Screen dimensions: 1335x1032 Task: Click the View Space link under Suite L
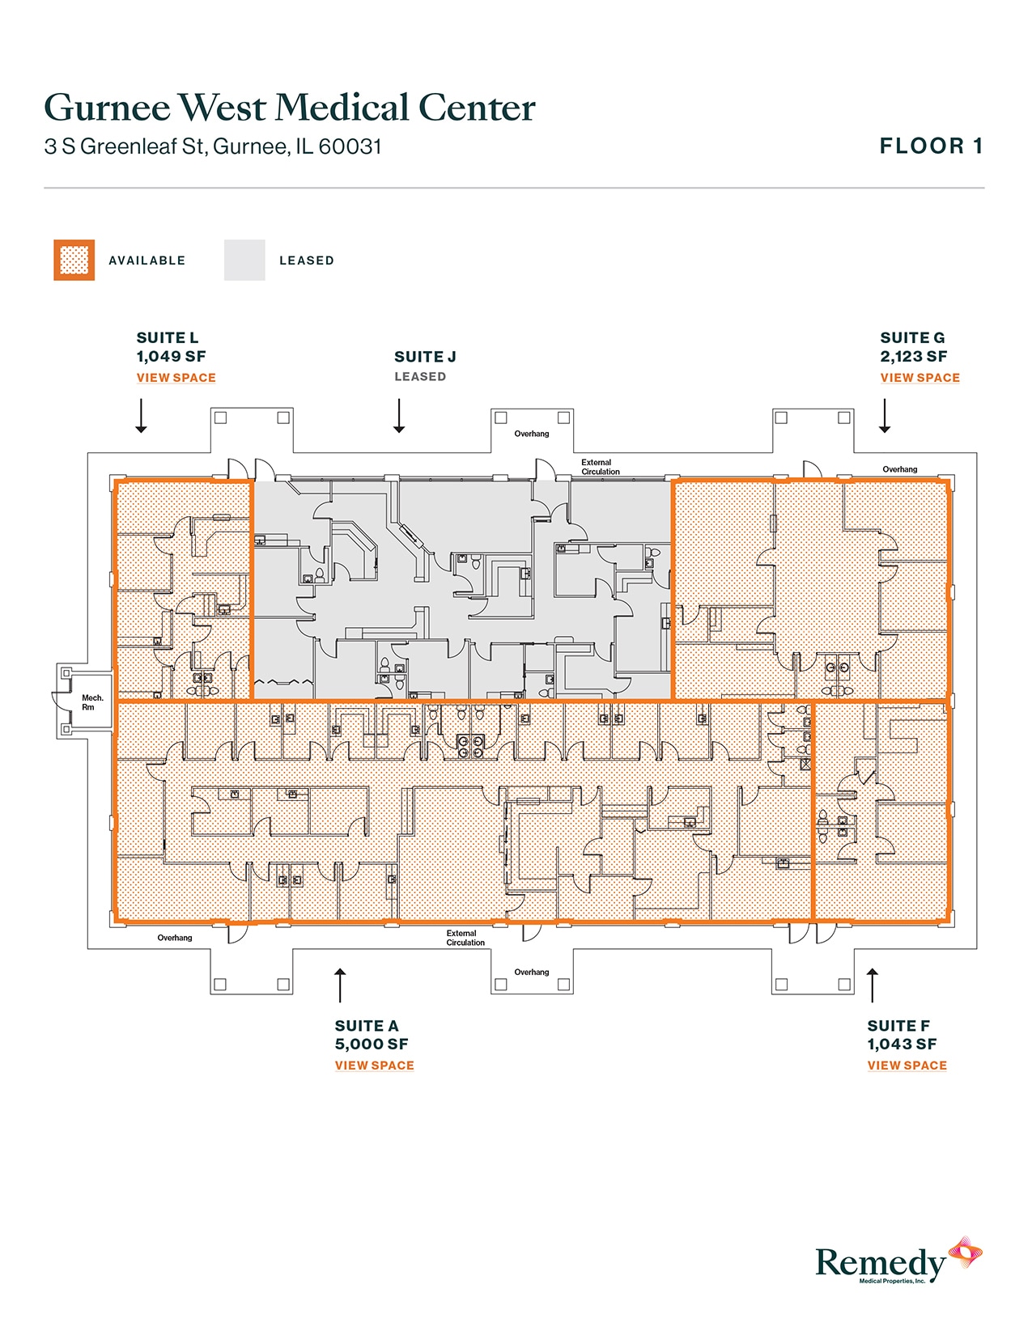point(176,378)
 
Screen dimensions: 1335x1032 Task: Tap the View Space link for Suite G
point(919,378)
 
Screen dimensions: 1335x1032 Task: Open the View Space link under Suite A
point(374,1066)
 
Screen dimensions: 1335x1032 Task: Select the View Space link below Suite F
point(907,1066)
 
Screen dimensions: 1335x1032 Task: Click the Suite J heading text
point(425,357)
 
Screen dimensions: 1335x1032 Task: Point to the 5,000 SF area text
point(372,1045)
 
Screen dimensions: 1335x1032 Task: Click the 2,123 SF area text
point(913,357)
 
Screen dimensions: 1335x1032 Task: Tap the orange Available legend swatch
point(74,261)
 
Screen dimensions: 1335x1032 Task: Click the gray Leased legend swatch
point(244,261)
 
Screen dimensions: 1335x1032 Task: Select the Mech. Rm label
point(92,702)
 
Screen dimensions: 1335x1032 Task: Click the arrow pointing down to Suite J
point(399,416)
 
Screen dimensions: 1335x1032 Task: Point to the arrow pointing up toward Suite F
point(872,985)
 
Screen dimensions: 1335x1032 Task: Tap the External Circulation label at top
point(600,467)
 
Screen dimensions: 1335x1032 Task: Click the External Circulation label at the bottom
point(465,938)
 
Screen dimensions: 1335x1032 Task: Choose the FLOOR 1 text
point(931,146)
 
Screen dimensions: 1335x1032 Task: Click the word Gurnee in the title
point(107,108)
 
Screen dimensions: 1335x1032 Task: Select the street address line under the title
point(213,146)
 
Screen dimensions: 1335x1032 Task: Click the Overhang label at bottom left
point(175,938)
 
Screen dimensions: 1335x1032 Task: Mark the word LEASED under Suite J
point(419,377)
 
